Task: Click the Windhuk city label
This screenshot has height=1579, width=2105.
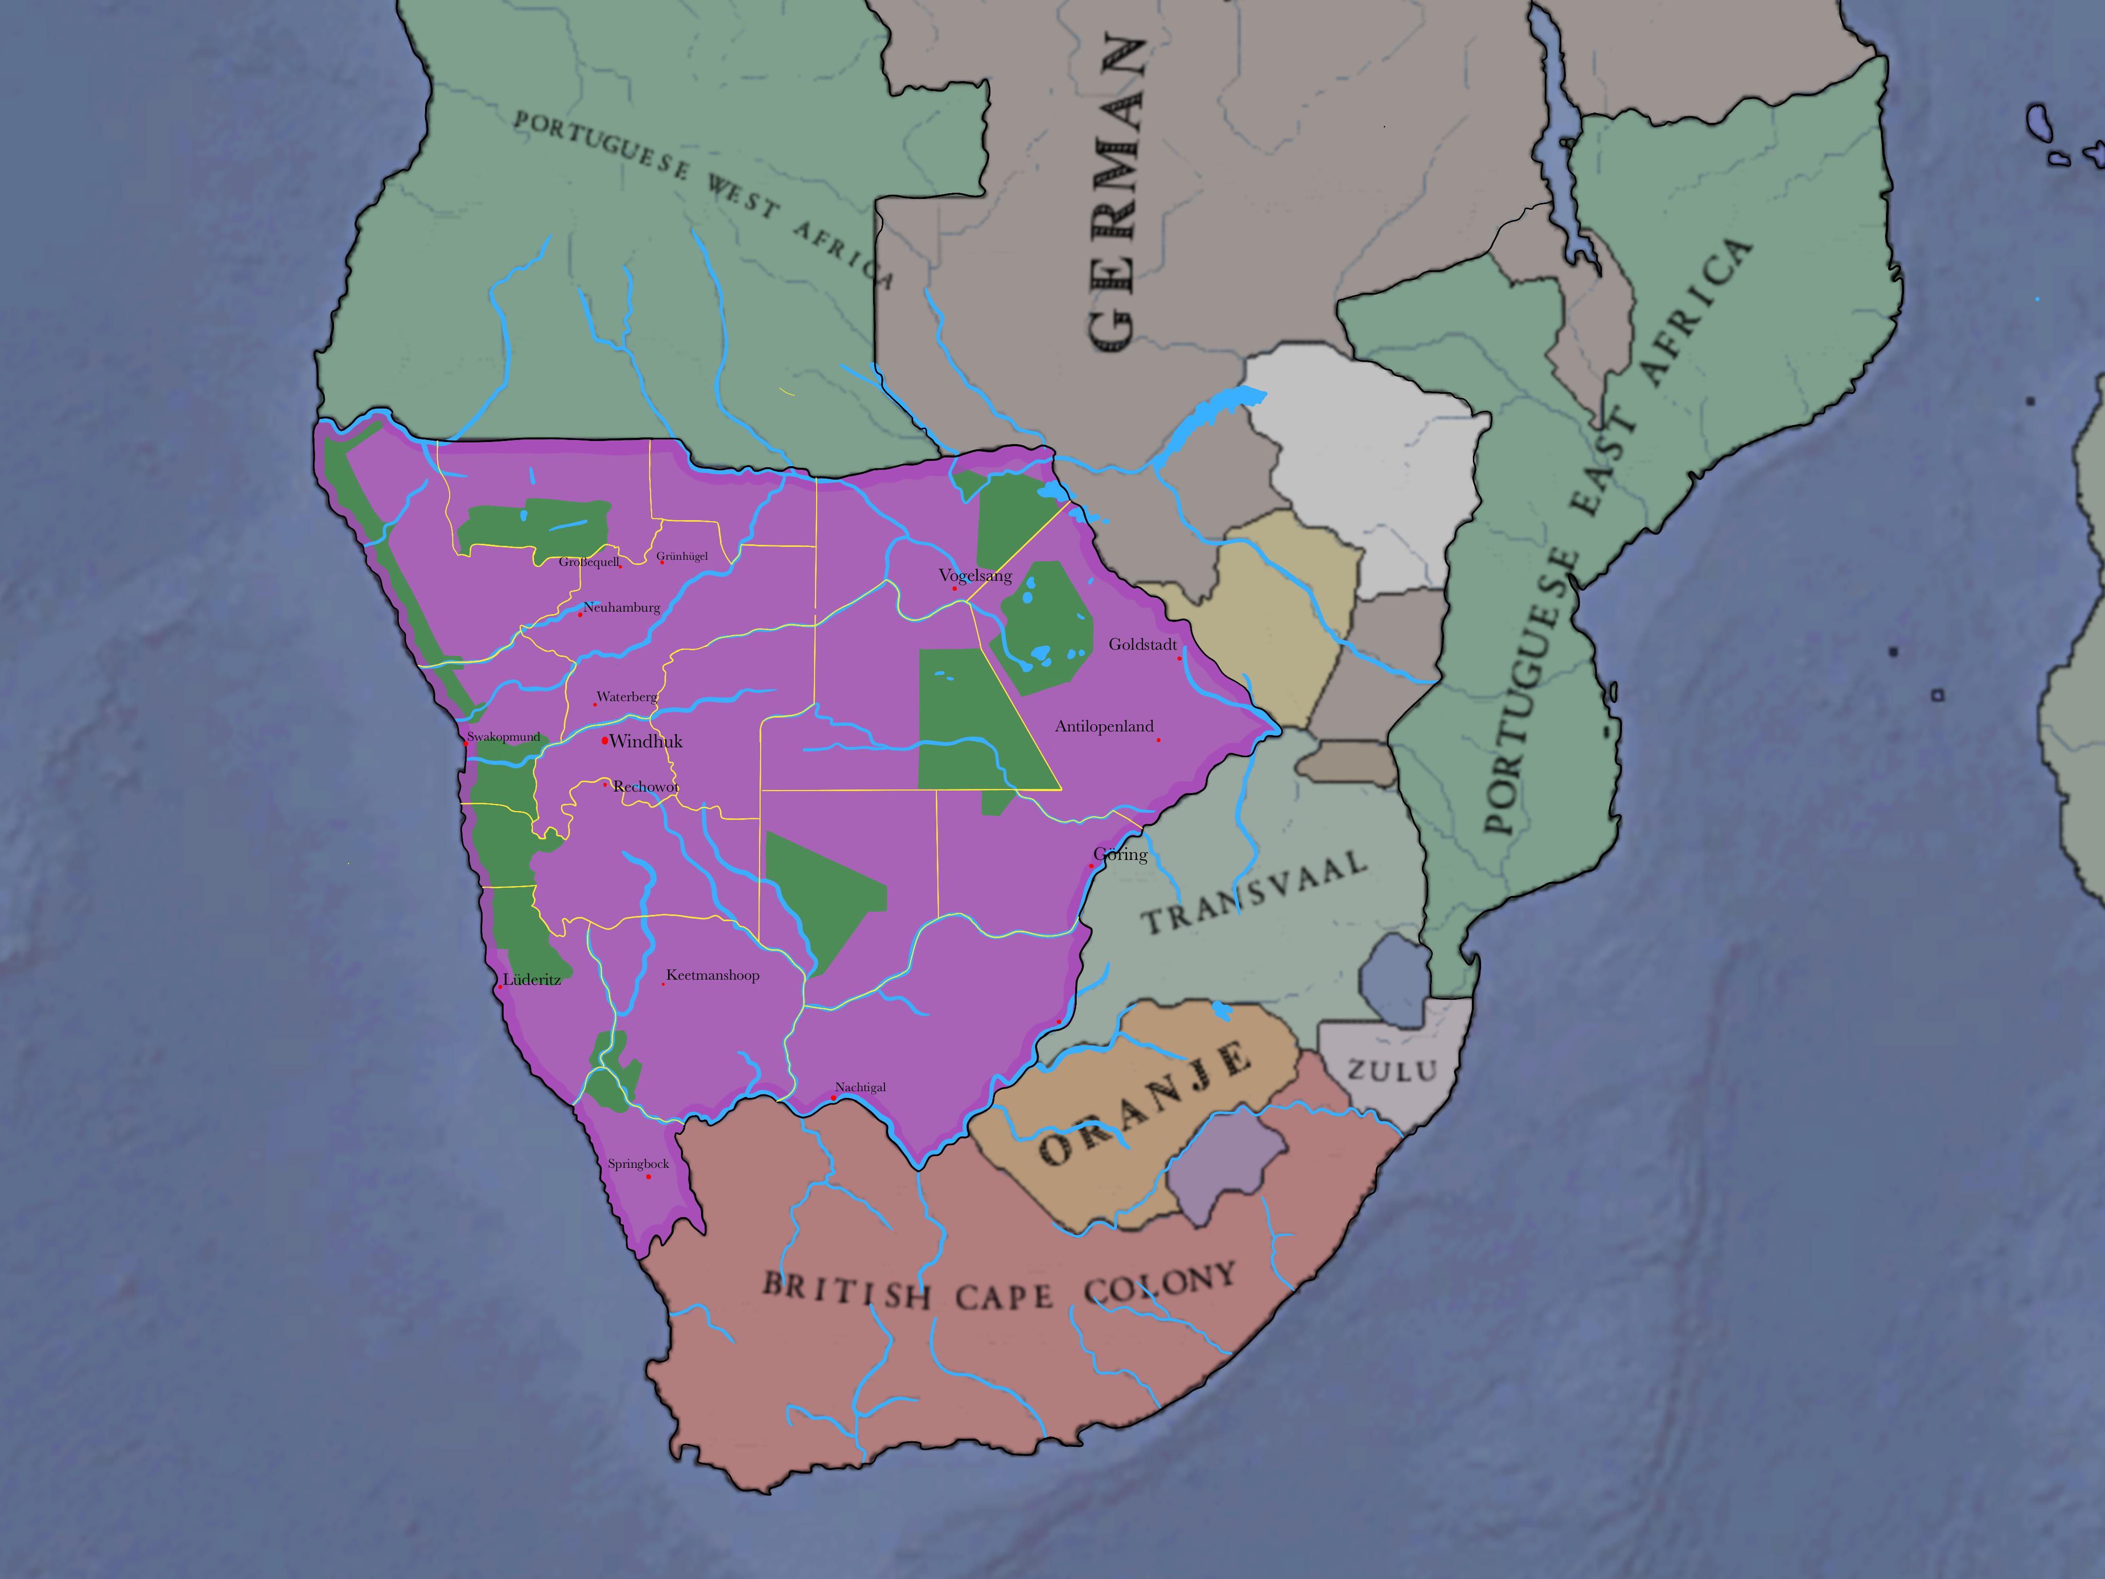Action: pyautogui.click(x=646, y=741)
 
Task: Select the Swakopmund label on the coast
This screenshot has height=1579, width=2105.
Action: pyautogui.click(x=504, y=737)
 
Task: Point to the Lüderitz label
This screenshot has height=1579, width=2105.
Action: pyautogui.click(x=532, y=979)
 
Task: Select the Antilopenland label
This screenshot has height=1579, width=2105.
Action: pyautogui.click(x=1104, y=726)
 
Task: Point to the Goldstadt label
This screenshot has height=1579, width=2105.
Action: pyautogui.click(x=1143, y=645)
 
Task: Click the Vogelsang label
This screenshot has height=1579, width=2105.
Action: pyautogui.click(x=975, y=576)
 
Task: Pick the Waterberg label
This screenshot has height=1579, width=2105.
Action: pyautogui.click(x=627, y=696)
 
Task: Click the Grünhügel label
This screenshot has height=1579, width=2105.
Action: pyautogui.click(x=682, y=556)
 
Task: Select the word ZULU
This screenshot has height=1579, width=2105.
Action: pyautogui.click(x=1391, y=1071)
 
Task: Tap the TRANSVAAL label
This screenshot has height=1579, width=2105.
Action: pyautogui.click(x=1254, y=893)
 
